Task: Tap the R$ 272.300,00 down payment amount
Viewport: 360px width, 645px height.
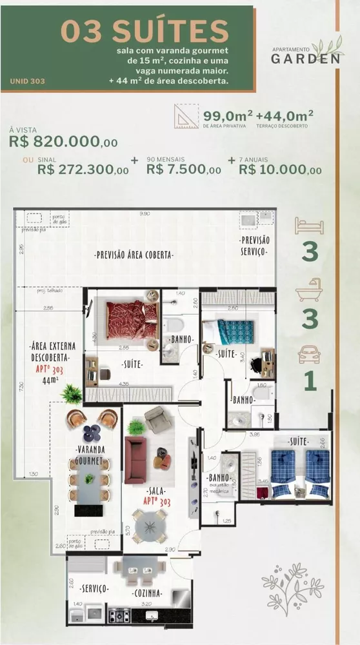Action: [x=83, y=170]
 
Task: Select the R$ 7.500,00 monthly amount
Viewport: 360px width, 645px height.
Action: [x=184, y=170]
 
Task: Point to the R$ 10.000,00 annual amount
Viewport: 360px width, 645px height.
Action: [x=280, y=170]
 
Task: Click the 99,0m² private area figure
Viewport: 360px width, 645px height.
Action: [x=227, y=116]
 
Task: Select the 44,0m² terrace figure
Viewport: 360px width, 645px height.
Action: [x=285, y=116]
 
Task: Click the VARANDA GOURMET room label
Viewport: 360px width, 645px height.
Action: [x=91, y=455]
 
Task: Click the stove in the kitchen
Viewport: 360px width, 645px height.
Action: [x=119, y=616]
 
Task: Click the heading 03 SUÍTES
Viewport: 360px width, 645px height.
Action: [x=145, y=31]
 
